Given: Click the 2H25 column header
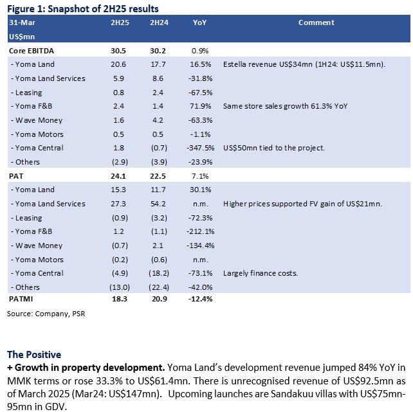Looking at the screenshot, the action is (x=120, y=22).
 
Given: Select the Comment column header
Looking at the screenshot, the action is (x=317, y=22).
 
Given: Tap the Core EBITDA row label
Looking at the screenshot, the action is (x=32, y=51).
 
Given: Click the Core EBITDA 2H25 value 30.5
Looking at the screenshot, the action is (x=118, y=51).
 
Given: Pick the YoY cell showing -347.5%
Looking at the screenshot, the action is (x=201, y=148).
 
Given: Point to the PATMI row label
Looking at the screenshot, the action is (x=21, y=299).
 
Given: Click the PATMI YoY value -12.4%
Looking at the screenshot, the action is (x=201, y=299).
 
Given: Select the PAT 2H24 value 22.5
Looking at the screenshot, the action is (x=158, y=176).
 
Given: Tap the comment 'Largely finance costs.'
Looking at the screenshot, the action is (x=261, y=273).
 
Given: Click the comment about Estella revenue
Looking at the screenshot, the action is (x=304, y=64).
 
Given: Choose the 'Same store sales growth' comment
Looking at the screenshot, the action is (x=285, y=106).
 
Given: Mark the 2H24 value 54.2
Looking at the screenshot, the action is (x=158, y=204).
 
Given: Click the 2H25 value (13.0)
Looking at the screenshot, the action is (x=120, y=287).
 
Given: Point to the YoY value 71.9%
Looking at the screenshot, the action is (x=201, y=106).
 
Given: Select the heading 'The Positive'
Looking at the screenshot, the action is (x=34, y=355).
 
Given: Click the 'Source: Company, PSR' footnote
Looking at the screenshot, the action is (x=46, y=314).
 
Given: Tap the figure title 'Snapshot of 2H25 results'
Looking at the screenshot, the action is (x=103, y=9).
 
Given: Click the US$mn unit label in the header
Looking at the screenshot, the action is (x=22, y=37).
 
